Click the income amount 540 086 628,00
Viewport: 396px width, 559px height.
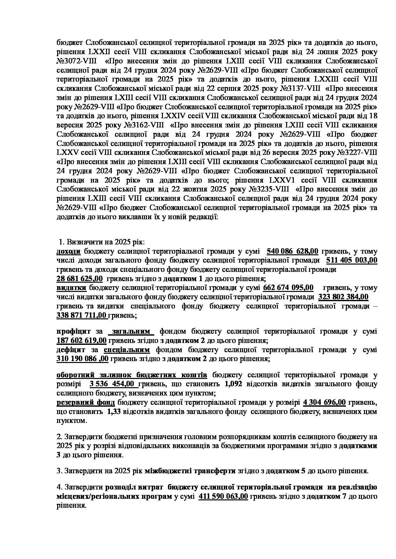tap(292, 251)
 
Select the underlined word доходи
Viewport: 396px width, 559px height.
tap(68, 251)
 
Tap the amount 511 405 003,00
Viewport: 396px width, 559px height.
tap(351, 260)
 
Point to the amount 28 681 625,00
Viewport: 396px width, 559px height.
tap(80, 279)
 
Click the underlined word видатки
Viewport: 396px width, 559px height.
tap(71, 288)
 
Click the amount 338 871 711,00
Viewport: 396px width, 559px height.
tap(81, 316)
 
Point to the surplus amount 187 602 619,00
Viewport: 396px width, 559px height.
tap(81, 341)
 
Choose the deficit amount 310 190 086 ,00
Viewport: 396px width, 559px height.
tap(82, 359)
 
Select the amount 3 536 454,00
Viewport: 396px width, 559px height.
tap(111, 384)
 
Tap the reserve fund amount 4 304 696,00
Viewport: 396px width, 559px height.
tap(324, 403)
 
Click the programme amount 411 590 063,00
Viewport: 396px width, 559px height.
tap(223, 497)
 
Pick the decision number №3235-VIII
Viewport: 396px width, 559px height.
tap(270, 190)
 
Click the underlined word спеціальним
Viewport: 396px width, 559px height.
tap(127, 350)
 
